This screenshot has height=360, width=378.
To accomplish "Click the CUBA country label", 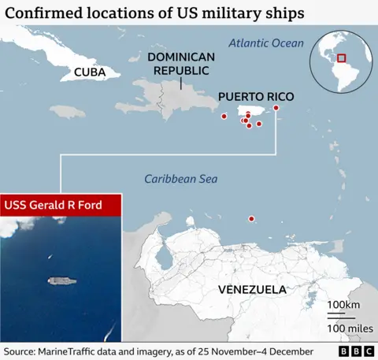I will tap(91, 72).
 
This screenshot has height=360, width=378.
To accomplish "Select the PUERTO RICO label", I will tap(256, 97).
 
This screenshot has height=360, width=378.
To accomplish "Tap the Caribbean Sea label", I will tap(180, 179).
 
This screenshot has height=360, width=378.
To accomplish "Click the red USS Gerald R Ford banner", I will tap(61, 205).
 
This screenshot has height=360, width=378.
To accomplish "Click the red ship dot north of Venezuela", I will tap(251, 219).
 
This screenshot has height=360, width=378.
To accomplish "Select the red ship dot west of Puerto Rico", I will tap(224, 117).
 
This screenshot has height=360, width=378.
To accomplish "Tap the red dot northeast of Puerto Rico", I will tap(276, 108).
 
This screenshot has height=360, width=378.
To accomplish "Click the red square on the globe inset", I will tap(342, 57).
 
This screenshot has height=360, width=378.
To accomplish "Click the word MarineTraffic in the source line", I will tap(74, 351).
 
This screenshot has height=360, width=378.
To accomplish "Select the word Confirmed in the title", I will tap(42, 13).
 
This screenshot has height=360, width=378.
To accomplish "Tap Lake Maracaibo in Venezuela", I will tap(164, 257).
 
